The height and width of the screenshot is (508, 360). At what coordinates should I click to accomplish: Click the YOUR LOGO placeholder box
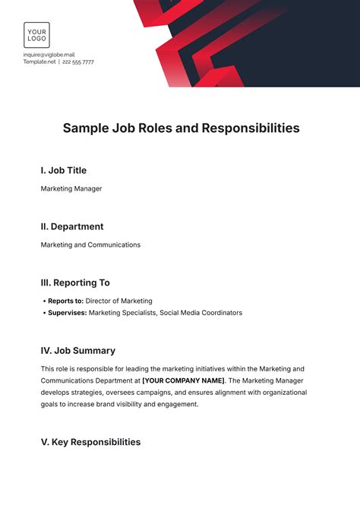(x=36, y=35)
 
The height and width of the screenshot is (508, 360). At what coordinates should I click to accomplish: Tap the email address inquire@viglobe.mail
(x=49, y=55)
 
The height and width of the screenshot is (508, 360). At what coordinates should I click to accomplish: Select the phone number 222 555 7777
(x=78, y=62)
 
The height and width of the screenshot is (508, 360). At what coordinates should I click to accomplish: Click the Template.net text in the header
(x=39, y=62)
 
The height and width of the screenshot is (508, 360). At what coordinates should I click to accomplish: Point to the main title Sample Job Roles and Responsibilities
(x=180, y=128)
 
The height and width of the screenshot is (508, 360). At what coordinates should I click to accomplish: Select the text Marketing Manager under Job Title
(x=71, y=189)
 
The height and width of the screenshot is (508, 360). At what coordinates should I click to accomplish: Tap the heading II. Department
(x=72, y=226)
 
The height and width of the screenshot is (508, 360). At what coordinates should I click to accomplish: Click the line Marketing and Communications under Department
(x=90, y=245)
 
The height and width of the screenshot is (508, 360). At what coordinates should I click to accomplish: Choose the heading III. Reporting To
(x=75, y=282)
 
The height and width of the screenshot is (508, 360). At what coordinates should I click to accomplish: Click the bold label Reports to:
(x=65, y=301)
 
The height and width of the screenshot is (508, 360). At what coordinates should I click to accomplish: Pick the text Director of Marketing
(x=118, y=301)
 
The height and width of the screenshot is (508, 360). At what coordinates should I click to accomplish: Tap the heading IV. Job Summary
(x=78, y=351)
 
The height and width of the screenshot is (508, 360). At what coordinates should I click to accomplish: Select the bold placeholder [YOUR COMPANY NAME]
(x=183, y=380)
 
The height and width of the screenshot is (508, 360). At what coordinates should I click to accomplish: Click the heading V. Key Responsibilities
(x=90, y=442)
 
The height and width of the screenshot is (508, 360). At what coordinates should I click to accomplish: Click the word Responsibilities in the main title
(x=250, y=128)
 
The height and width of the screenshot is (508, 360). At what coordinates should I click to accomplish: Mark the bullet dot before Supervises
(x=43, y=312)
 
